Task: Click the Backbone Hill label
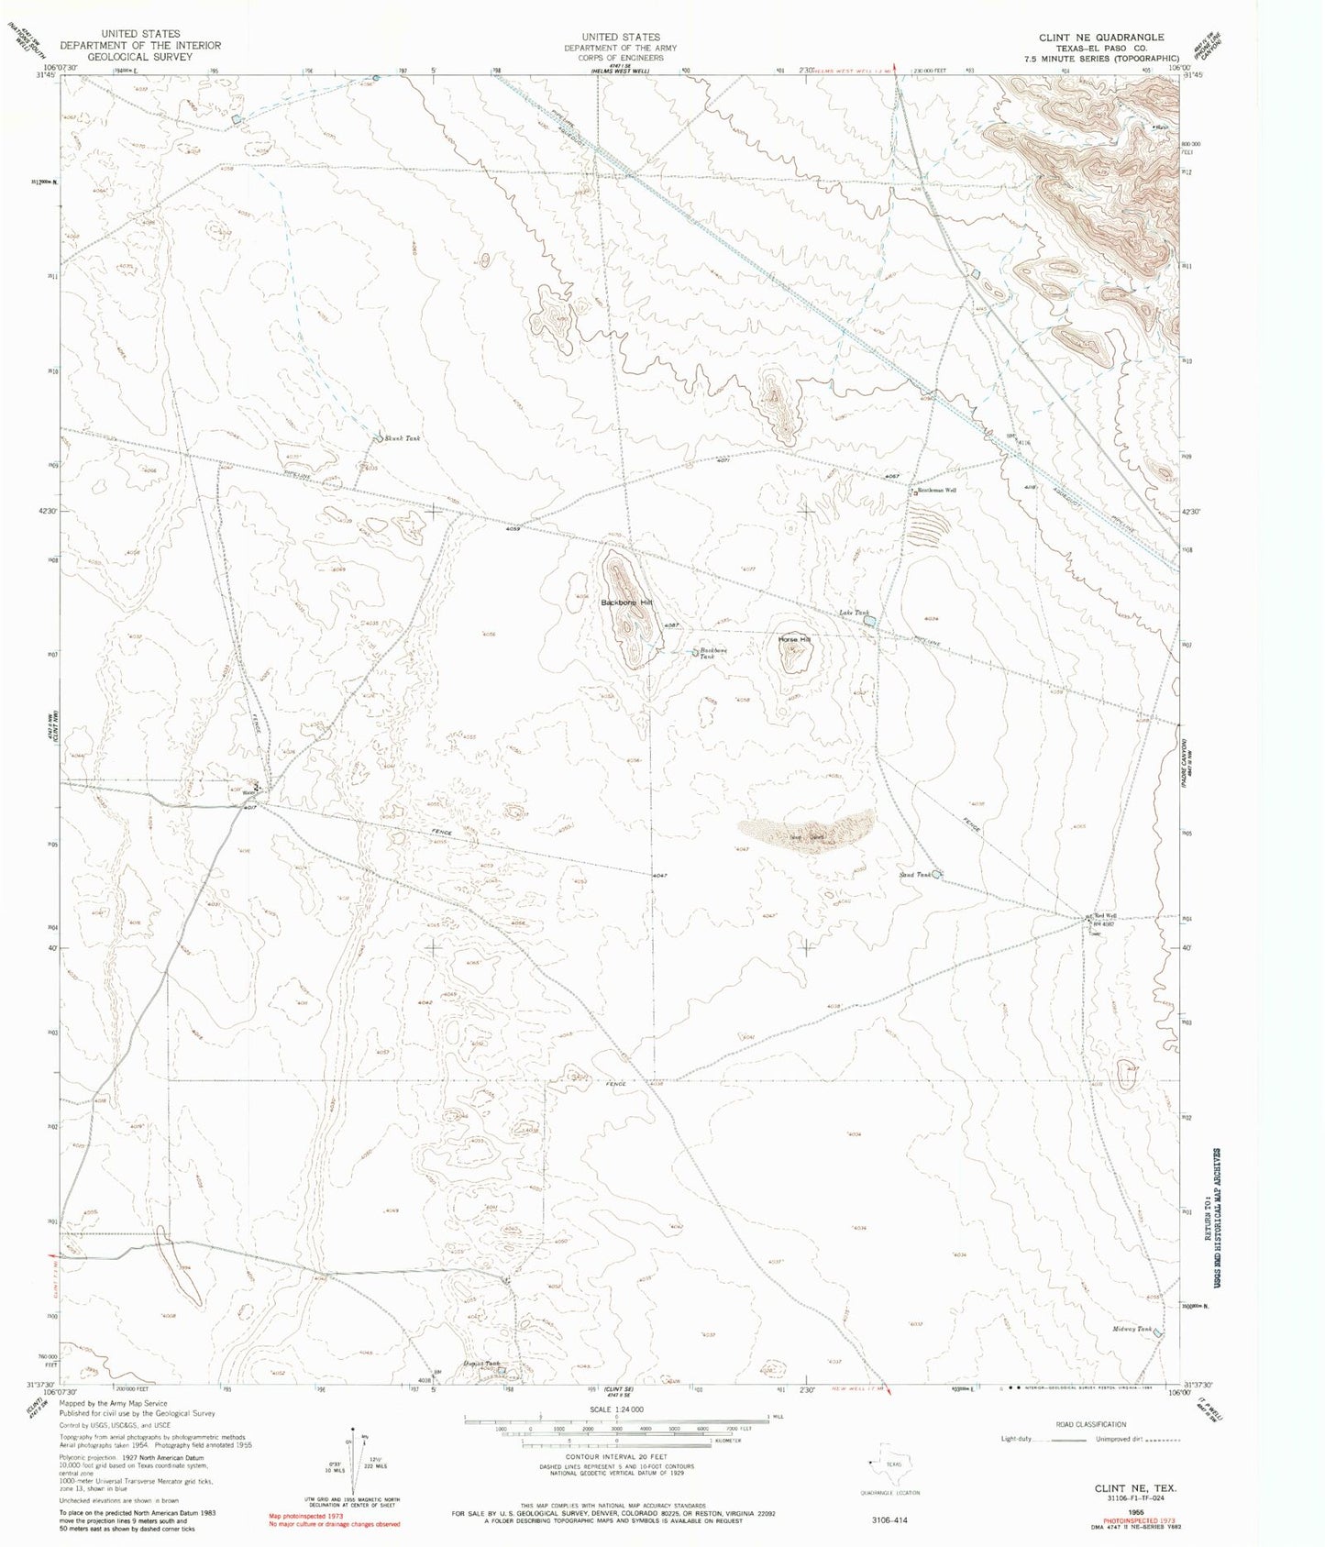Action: pos(625,602)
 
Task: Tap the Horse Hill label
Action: pos(794,639)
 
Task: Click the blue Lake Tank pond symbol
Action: pos(869,622)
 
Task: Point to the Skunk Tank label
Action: pos(403,438)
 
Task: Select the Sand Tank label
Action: pos(915,875)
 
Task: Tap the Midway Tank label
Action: pos(1131,1329)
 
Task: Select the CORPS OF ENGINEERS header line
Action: pos(613,57)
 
